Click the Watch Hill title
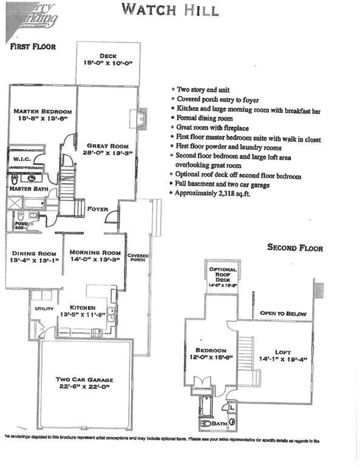click(x=169, y=10)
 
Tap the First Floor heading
click(x=33, y=47)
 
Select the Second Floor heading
click(x=295, y=248)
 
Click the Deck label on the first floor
click(x=108, y=56)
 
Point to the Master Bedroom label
click(x=42, y=112)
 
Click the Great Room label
click(x=107, y=146)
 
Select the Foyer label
click(x=97, y=209)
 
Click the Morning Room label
click(x=95, y=252)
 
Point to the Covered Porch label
click(x=138, y=258)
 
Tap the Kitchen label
click(x=83, y=307)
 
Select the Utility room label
click(x=44, y=308)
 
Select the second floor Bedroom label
click(x=211, y=351)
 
